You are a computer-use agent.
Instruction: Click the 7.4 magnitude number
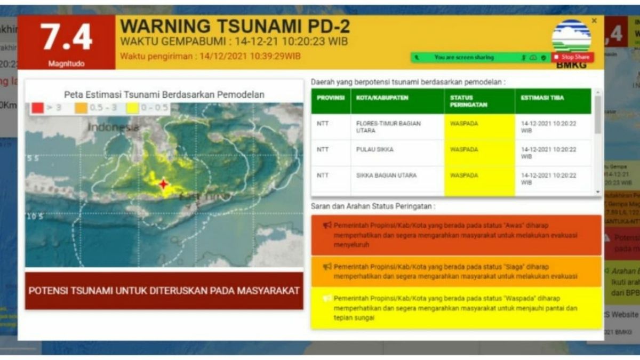click(67, 38)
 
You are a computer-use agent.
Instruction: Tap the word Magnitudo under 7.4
click(67, 63)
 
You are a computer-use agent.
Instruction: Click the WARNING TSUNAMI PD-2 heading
click(235, 26)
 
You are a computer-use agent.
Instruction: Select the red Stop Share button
click(572, 57)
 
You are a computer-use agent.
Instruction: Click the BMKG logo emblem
click(571, 36)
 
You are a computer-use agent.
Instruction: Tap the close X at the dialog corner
click(594, 21)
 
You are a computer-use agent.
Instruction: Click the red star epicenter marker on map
click(164, 184)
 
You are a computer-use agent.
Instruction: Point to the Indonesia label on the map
click(113, 127)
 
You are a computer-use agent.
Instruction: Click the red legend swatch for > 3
click(37, 108)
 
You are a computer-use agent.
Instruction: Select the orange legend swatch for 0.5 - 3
click(81, 108)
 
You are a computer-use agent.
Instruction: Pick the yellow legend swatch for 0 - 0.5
click(132, 108)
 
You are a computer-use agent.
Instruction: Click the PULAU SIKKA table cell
click(374, 150)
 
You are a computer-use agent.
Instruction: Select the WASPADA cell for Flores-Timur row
click(464, 124)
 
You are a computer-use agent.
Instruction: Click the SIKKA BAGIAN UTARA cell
click(386, 175)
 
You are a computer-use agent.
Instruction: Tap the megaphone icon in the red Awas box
click(327, 225)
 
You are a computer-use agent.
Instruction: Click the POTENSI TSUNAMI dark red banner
click(164, 291)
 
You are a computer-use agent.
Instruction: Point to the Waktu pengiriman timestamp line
click(210, 56)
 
